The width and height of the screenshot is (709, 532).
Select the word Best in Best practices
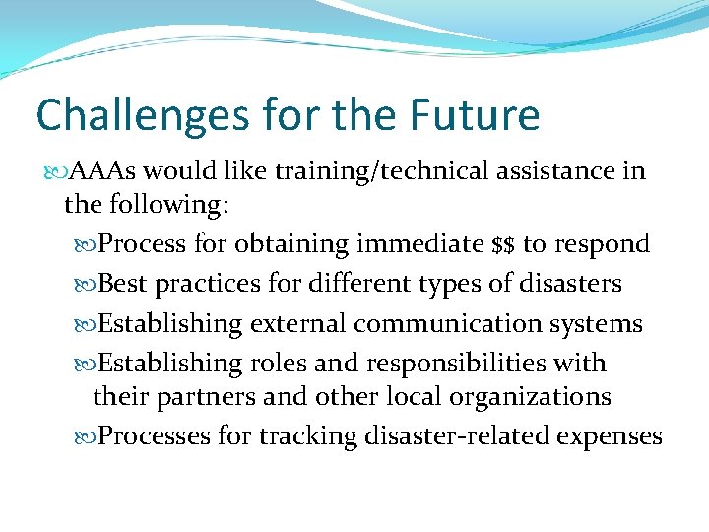123,284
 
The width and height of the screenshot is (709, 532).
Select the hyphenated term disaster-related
448,435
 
